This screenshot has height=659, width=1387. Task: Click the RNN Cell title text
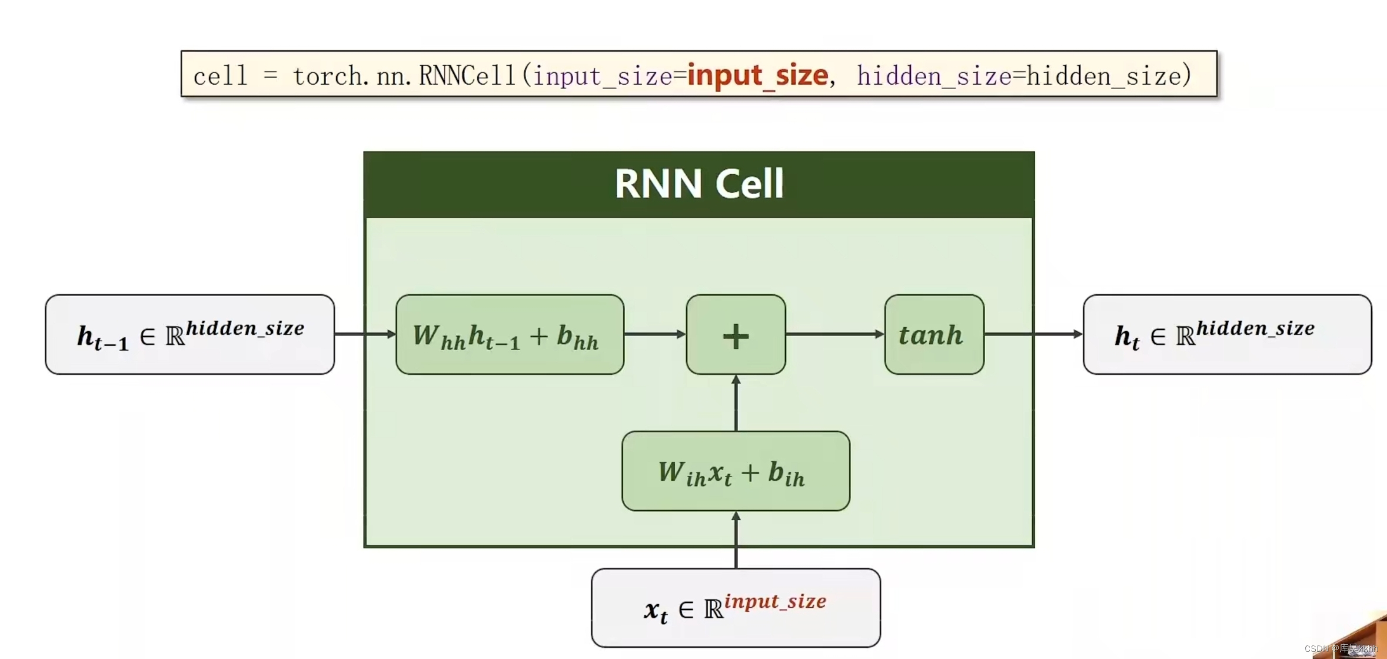[699, 184]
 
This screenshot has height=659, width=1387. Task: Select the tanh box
[934, 334]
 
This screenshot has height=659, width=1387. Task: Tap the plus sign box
[736, 334]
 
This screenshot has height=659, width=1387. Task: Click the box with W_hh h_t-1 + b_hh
[510, 334]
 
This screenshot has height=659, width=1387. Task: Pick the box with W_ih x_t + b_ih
[736, 471]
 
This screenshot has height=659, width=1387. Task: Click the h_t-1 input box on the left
[189, 334]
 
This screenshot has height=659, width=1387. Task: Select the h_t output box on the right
[1227, 334]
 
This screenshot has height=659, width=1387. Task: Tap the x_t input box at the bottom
[736, 608]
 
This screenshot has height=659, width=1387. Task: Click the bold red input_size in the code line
[758, 75]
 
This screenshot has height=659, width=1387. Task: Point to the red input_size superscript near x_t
[775, 601]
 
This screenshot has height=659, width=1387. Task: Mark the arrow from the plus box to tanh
[834, 334]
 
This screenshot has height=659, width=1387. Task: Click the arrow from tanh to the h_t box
[1033, 334]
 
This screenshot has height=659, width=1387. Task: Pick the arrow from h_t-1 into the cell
[365, 334]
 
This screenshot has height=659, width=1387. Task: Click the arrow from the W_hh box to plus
[654, 334]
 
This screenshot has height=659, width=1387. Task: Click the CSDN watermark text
[1341, 648]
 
